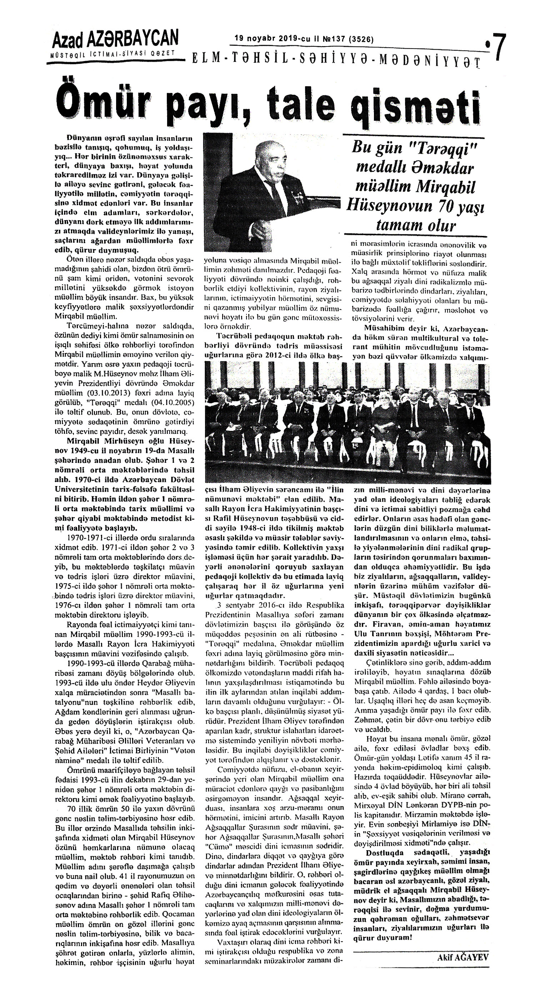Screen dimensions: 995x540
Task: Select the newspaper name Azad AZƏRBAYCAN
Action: coord(115,40)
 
